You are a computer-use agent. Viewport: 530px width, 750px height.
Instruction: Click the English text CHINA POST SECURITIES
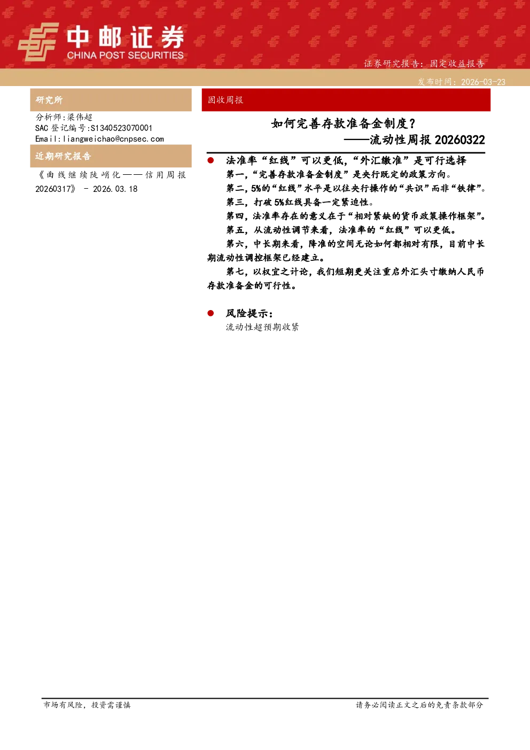125,55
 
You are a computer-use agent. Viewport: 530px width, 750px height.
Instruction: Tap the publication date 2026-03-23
483,82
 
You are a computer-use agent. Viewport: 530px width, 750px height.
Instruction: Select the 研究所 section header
49,100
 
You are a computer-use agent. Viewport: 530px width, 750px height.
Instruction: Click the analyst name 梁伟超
80,117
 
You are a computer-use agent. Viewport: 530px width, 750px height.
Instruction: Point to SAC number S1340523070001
121,128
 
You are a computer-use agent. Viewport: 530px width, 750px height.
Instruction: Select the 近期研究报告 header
63,156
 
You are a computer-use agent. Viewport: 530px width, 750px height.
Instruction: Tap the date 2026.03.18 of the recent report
115,189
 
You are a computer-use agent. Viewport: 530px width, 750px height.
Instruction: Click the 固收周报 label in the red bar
225,100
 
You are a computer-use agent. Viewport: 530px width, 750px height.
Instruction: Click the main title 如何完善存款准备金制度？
343,123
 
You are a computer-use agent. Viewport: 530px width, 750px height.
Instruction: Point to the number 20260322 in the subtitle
459,140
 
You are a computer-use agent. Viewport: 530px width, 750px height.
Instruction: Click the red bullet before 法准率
211,160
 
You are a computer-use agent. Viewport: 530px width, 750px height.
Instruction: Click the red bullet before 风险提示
211,313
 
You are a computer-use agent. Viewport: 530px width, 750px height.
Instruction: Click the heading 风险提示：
250,313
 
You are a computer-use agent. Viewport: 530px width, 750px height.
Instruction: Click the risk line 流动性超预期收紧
262,327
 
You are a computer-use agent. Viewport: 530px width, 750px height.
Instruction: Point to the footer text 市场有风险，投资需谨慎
87,705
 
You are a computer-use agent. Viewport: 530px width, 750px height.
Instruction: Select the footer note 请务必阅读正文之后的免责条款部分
419,705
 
